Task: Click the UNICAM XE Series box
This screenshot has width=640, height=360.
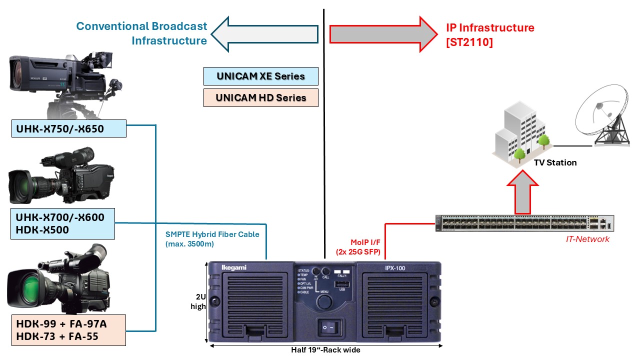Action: tap(260, 76)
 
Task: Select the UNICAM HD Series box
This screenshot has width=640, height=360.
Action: tap(260, 97)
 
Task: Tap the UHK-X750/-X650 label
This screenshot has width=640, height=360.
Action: tap(68, 129)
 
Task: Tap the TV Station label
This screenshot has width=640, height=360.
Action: tap(555, 162)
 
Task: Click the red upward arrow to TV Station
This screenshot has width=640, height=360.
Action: tap(523, 190)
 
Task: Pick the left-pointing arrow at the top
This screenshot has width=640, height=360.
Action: tap(265, 34)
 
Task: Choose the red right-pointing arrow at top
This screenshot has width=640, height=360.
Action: tap(383, 34)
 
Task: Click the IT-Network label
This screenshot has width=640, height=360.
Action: tap(587, 239)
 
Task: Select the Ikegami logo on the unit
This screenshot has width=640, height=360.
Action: tap(234, 268)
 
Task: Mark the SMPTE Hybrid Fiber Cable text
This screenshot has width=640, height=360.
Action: tap(212, 239)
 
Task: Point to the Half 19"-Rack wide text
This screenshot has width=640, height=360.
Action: tap(325, 350)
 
